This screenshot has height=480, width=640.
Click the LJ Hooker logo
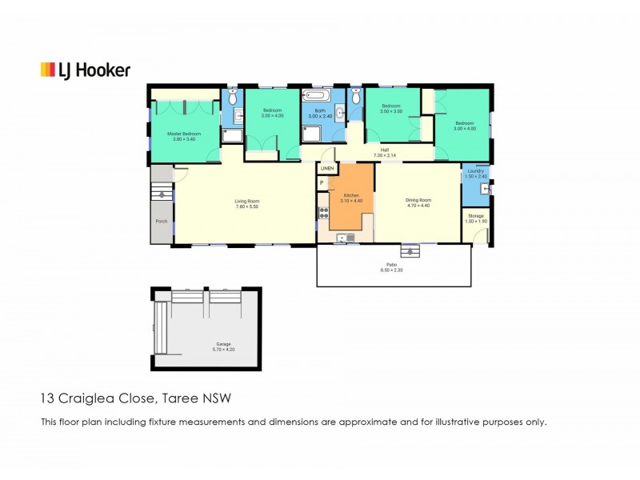click(85, 70)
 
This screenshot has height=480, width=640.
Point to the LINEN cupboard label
click(326, 169)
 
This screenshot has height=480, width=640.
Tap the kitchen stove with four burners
click(323, 213)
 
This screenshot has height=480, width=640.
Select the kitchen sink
click(346, 237)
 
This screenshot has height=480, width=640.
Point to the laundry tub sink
click(484, 190)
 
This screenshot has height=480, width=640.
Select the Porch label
click(161, 222)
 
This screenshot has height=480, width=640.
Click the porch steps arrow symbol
click(162, 194)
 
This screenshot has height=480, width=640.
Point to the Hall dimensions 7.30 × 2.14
click(385, 154)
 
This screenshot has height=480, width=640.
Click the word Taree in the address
click(182, 397)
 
